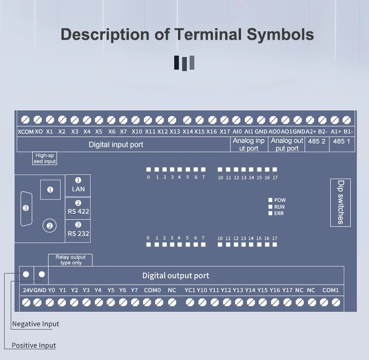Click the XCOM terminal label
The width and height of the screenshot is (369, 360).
pos(25,132)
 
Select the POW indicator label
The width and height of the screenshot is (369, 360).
pos(280,200)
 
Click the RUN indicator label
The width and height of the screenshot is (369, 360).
pos(279,207)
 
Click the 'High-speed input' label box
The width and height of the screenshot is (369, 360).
pos(44,158)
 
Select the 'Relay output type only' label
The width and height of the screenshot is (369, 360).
pos(71,260)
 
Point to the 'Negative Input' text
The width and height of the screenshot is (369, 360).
pos(35,324)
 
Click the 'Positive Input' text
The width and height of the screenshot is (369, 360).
pos(34,346)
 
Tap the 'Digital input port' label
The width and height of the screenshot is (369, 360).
pos(116,144)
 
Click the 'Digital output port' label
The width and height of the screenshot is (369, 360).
pos(176,276)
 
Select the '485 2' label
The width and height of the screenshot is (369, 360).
pos(317,141)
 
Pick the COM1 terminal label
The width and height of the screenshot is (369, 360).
pos(330,290)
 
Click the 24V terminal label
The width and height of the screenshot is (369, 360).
pos(28,290)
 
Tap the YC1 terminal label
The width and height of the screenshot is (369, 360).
pos(190,290)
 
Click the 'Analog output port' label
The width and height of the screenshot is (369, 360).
pos(287,144)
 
